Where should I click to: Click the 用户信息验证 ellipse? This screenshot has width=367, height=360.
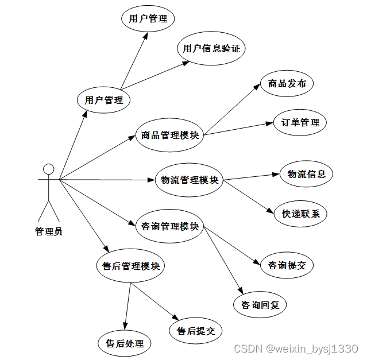211,48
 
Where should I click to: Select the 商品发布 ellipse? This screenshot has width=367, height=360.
287,83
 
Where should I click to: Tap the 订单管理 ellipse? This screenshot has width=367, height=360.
300,122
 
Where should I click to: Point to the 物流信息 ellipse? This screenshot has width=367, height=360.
306,174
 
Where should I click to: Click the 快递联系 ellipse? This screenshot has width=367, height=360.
300,214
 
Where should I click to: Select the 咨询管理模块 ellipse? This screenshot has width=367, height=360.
169,226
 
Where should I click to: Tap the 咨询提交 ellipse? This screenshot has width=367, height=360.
287,265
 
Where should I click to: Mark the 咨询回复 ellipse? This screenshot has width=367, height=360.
260,305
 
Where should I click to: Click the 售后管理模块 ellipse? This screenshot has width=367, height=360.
130,266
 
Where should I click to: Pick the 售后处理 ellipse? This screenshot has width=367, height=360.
124,344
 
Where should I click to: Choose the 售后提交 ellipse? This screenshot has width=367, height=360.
195,331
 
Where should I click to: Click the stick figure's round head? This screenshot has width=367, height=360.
49,169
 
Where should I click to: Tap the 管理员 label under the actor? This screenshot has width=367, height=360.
49,232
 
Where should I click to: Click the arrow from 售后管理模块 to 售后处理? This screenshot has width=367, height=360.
128,304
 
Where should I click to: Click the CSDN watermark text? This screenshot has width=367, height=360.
296,349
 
